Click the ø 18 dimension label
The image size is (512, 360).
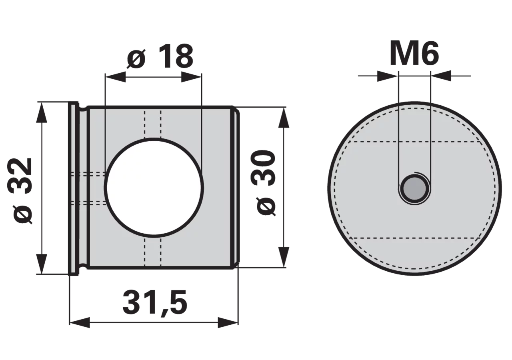160,56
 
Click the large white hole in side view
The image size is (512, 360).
154,188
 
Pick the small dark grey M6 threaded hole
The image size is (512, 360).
415,189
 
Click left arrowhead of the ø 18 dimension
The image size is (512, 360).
115,77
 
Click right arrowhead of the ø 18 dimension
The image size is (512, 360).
192,77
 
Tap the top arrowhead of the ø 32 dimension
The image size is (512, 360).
41,113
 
